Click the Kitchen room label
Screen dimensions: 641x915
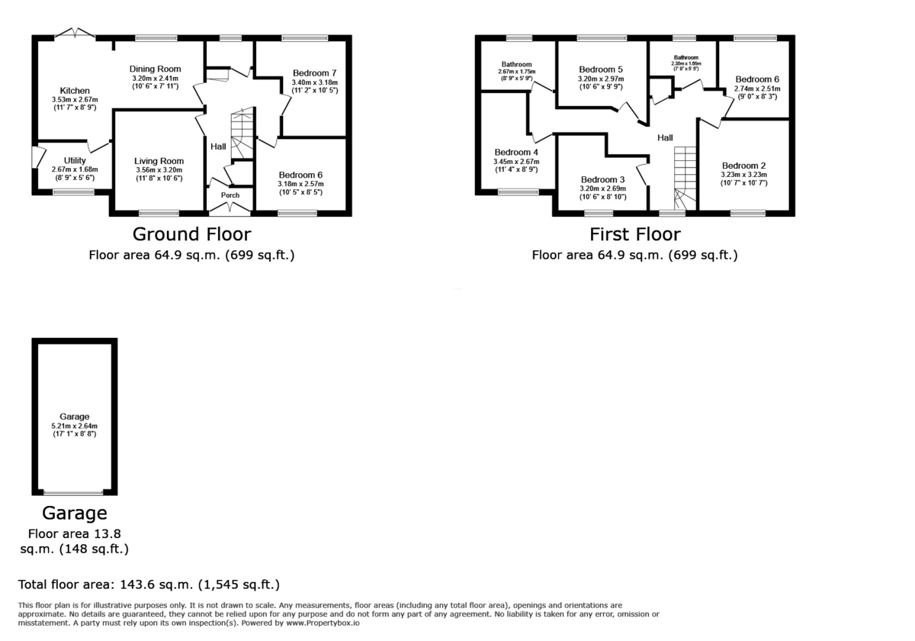[x=75, y=91]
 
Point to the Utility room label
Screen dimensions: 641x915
[x=75, y=160]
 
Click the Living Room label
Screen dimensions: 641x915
[x=159, y=161]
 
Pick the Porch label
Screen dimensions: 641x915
[x=230, y=195]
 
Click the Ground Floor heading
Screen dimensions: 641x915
[x=191, y=234]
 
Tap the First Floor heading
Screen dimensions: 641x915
[x=634, y=234]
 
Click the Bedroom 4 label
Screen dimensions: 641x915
[x=516, y=152]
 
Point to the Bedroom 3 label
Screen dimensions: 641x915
[x=602, y=180]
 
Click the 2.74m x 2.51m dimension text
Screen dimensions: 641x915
[x=756, y=89]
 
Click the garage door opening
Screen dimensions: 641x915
[x=74, y=493]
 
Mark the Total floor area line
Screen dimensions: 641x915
[x=149, y=585]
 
